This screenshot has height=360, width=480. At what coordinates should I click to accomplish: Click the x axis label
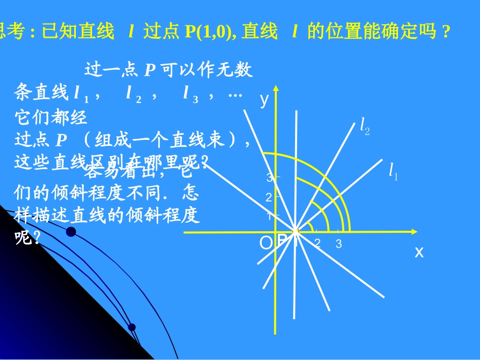pos(419,252)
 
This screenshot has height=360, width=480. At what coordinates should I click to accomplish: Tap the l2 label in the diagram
pos(365,126)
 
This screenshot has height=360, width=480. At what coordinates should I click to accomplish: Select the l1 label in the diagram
pos(393,171)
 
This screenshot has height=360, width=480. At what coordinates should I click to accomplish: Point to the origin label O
pos(265,243)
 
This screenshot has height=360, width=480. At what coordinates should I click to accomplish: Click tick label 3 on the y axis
pos(269,178)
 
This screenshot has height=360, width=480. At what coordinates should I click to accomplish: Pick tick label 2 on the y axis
pos(269,197)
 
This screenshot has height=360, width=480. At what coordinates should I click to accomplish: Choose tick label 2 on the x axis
pos(317,243)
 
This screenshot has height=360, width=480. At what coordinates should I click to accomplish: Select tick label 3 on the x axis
pos(339,244)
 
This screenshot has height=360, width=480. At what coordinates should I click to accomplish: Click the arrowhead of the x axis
pos(414,232)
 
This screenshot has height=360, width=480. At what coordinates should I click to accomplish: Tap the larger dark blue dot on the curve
pos(71,232)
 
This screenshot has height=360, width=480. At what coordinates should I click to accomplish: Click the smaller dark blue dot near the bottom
pos(132,327)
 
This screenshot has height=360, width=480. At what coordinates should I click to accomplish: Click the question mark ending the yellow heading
pos(445,33)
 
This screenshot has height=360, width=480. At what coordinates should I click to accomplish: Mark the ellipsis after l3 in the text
pos(235,93)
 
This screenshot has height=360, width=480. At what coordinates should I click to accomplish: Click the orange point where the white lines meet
pos(296,231)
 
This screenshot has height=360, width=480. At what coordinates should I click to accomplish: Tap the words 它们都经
pos(52,117)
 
